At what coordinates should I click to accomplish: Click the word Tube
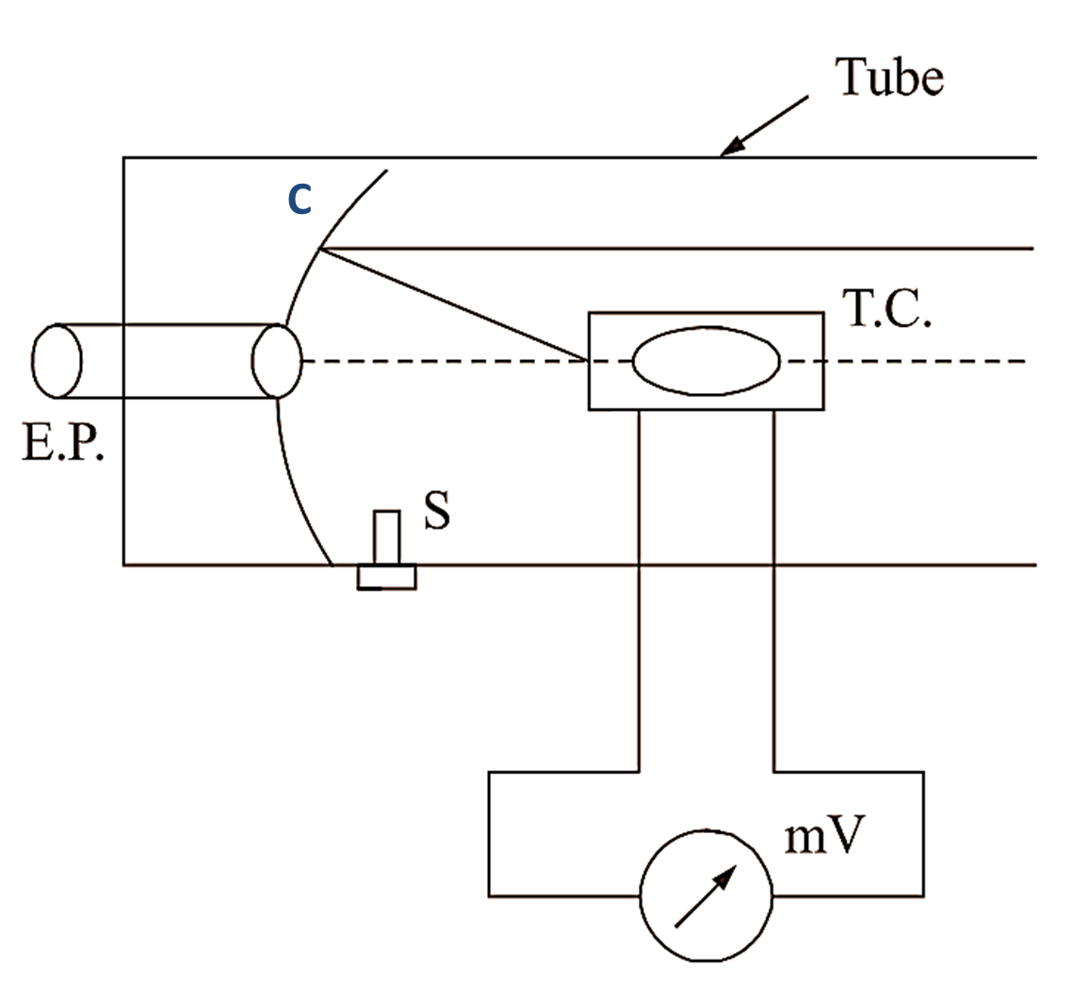click(889, 77)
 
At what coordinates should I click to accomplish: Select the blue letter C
click(299, 199)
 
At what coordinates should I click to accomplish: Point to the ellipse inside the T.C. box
click(706, 360)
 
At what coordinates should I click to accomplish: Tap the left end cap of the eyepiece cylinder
click(57, 361)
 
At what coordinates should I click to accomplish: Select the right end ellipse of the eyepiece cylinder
click(276, 361)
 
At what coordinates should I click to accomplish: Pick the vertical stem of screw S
click(386, 537)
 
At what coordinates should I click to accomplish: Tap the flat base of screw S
click(386, 577)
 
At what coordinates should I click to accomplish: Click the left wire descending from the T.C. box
click(640, 584)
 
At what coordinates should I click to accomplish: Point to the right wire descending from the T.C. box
click(773, 584)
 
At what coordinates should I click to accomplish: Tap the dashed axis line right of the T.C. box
click(923, 361)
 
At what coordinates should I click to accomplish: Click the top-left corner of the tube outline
click(123, 157)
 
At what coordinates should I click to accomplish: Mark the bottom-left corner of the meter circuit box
click(489, 894)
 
